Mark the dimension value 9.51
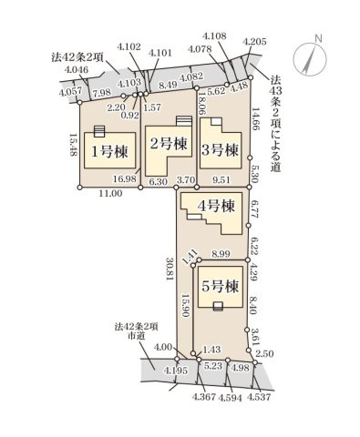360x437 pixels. click(x=221, y=180)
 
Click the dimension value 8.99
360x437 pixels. click(x=221, y=254)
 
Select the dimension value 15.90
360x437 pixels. click(x=184, y=306)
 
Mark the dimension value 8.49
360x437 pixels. click(x=168, y=85)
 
